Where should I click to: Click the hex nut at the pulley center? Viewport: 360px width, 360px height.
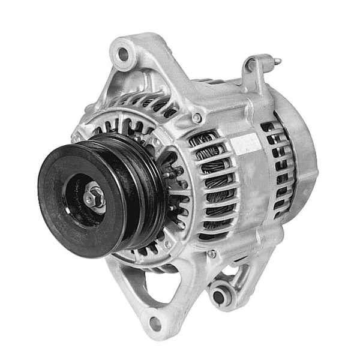[x=95, y=196]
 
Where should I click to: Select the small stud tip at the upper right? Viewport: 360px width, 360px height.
[x=277, y=61]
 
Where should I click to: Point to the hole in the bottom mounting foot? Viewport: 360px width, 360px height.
[x=155, y=324]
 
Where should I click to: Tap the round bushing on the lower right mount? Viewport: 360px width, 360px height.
[x=219, y=295]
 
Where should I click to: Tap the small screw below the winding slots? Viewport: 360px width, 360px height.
[x=211, y=254]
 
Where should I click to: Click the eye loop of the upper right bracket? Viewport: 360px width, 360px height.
[x=251, y=65]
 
